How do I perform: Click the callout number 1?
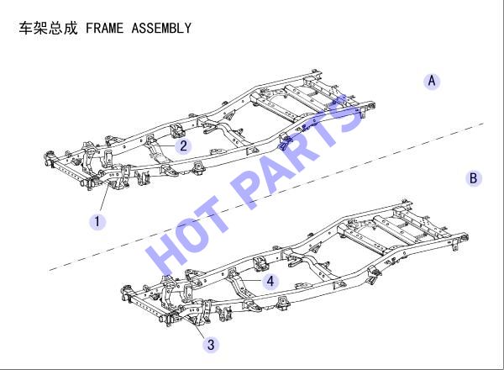[x=97, y=222]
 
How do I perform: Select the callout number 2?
[x=183, y=145]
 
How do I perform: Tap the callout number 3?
[x=211, y=344]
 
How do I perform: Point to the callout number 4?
[x=270, y=281]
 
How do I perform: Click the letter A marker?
[x=432, y=81]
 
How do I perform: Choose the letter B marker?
[x=474, y=178]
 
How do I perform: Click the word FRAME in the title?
[x=104, y=28]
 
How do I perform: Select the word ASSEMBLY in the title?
[x=161, y=28]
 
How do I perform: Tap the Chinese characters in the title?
[x=48, y=28]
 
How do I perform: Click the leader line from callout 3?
[x=199, y=328]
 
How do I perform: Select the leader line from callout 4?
[x=250, y=281]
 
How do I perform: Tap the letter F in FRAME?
[x=89, y=28]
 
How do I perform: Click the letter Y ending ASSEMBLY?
[x=188, y=28]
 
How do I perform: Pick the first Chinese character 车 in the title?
[x=26, y=28]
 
